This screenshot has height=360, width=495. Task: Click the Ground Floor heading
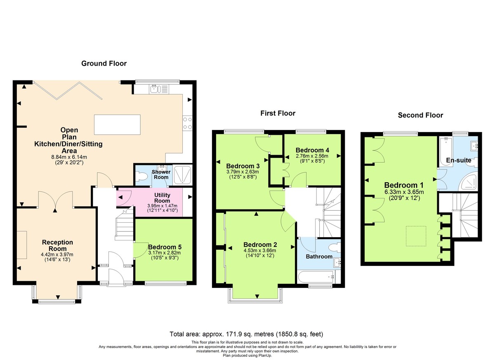pos(104,64)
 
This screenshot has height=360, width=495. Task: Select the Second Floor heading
pos(420,115)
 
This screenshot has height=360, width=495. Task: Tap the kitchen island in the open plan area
pos(117,122)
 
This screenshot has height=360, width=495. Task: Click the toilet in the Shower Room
pos(141,176)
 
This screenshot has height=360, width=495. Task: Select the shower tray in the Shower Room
pos(181,175)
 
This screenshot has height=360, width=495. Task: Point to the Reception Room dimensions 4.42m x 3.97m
pos(57,254)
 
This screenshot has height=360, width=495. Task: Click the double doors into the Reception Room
pos(56,200)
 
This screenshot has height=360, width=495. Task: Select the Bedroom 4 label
pos(312,150)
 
